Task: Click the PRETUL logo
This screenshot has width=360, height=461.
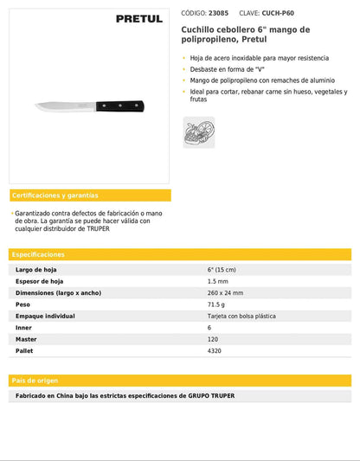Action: pos(139,18)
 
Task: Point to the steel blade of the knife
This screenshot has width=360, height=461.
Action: pos(66,107)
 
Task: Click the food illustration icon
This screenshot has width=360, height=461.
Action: pos(198,131)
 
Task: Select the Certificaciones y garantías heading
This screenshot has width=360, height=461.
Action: pos(55,195)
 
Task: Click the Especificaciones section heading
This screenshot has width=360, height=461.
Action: pos(39,255)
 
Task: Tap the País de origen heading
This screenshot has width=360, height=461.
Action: pos(34,381)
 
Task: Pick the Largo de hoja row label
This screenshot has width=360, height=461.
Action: pos(36,270)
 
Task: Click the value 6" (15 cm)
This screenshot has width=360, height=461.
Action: pos(225,270)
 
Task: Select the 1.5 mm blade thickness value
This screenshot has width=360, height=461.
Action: pos(218,281)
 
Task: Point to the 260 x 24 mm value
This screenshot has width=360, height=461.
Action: pos(226,293)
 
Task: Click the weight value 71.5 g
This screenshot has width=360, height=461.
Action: pos(216,304)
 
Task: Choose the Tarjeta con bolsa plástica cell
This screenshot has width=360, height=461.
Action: pos(241,316)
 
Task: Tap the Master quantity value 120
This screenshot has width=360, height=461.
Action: pos(213,339)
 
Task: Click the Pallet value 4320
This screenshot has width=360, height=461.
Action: pos(215,351)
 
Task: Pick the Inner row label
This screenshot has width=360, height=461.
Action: pos(24,328)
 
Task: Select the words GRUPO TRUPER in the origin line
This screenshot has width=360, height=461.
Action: pos(211,396)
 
